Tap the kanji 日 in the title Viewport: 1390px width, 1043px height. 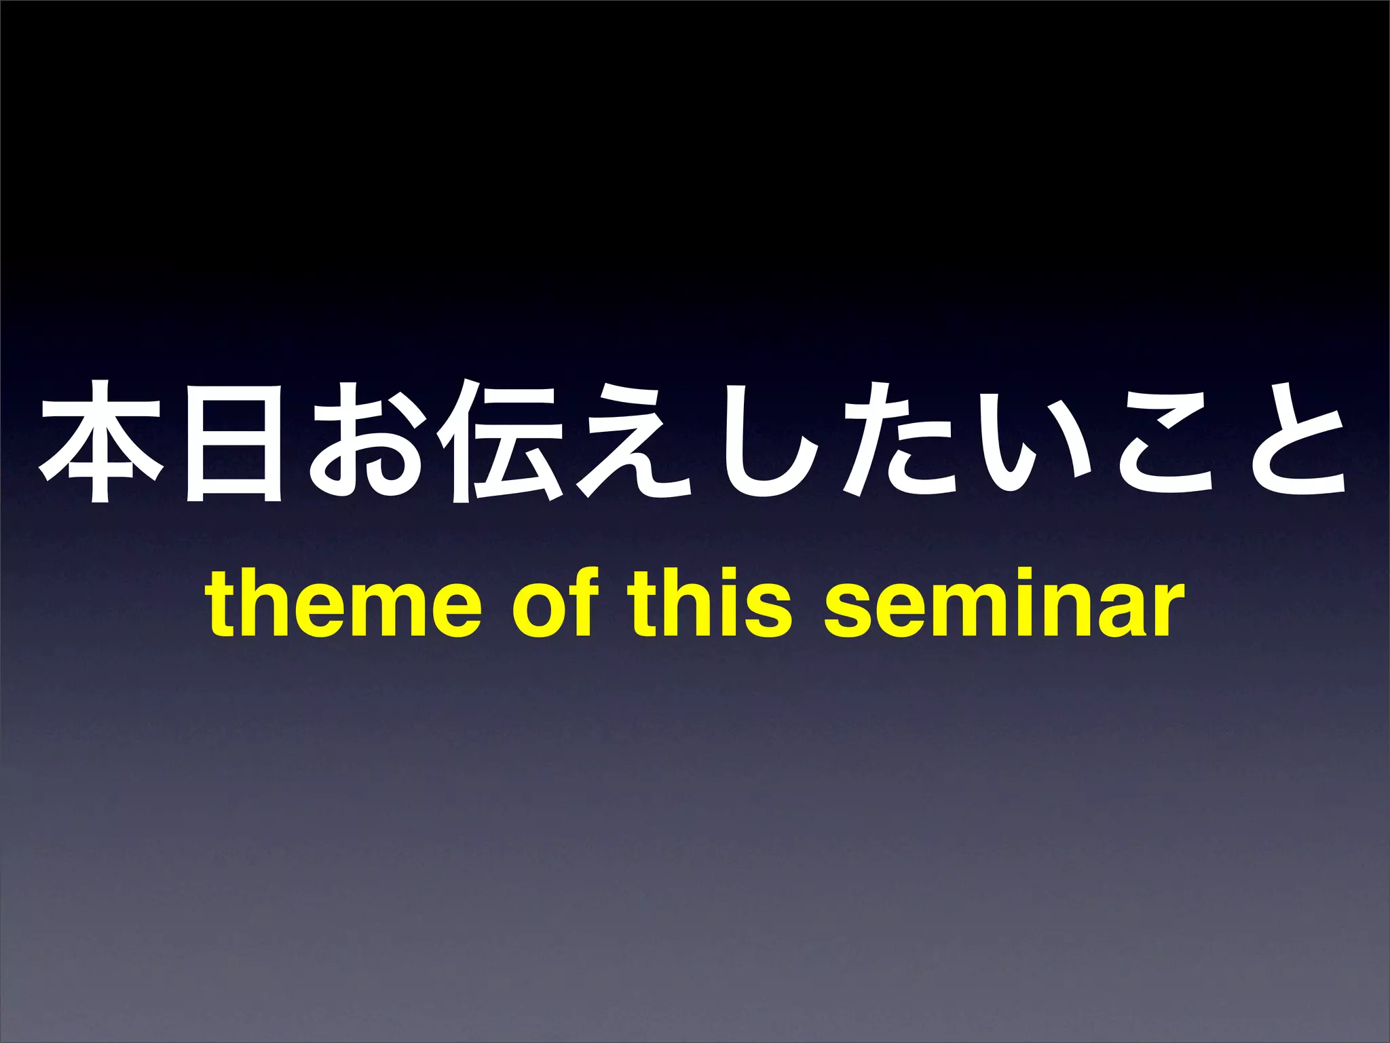(233, 443)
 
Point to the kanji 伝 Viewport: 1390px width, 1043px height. (500, 443)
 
